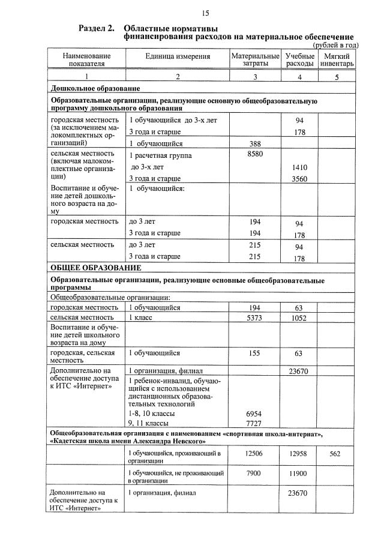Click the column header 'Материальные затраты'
pos(255,59)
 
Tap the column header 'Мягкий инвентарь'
pos(337,59)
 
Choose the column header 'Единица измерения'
pos(178,56)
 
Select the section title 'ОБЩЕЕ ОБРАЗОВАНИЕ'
pos(96,267)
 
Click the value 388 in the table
pos(255,143)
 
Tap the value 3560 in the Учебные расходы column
pos(299,178)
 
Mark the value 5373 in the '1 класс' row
pos(255,318)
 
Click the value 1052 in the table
pos(299,318)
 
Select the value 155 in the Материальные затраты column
pos(255,353)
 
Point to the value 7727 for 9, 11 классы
pos(255,424)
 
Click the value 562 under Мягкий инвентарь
pos(336,454)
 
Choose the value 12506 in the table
pos(255,454)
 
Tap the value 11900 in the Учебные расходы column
pos(299,474)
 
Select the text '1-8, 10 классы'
pos(152,414)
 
